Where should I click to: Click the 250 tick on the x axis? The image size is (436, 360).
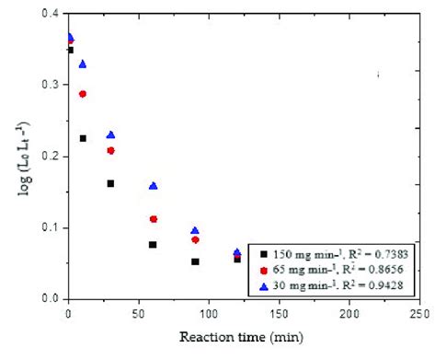click(x=419, y=314)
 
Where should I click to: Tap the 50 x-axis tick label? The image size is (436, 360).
click(x=139, y=314)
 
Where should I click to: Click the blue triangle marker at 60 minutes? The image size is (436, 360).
click(x=154, y=185)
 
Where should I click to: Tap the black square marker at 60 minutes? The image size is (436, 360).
click(x=153, y=244)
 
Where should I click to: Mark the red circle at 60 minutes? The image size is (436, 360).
click(x=154, y=219)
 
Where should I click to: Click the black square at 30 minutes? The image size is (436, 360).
click(x=110, y=183)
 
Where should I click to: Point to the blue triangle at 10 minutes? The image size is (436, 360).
click(x=83, y=64)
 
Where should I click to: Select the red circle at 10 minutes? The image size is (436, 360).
click(x=83, y=94)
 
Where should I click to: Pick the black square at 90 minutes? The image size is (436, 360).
click(x=195, y=261)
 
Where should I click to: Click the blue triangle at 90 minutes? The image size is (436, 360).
click(x=195, y=230)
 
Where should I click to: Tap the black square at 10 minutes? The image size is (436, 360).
click(x=83, y=138)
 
